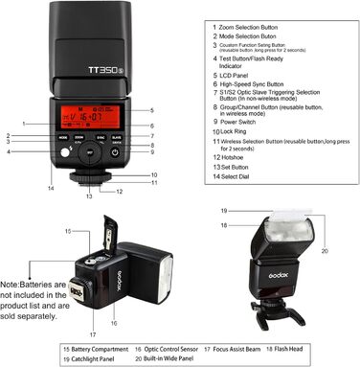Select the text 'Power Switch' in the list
click(247, 123)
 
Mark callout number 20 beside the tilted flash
click(324, 250)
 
